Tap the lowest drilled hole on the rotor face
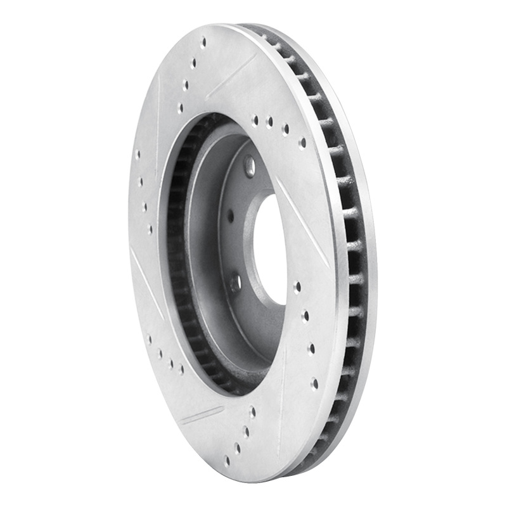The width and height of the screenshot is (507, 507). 226,461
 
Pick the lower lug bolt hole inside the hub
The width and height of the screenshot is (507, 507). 235,283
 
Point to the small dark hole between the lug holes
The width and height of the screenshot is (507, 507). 230,217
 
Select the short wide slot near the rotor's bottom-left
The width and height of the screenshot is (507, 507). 202,415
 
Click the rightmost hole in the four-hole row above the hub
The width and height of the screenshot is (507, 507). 302,143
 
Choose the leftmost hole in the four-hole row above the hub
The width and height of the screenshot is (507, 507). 255,119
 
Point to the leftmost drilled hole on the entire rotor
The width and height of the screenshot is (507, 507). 138,154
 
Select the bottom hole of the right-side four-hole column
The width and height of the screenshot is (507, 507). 314,383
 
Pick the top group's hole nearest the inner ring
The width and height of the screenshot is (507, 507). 180,108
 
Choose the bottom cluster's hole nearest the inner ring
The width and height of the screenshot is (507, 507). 252,412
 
